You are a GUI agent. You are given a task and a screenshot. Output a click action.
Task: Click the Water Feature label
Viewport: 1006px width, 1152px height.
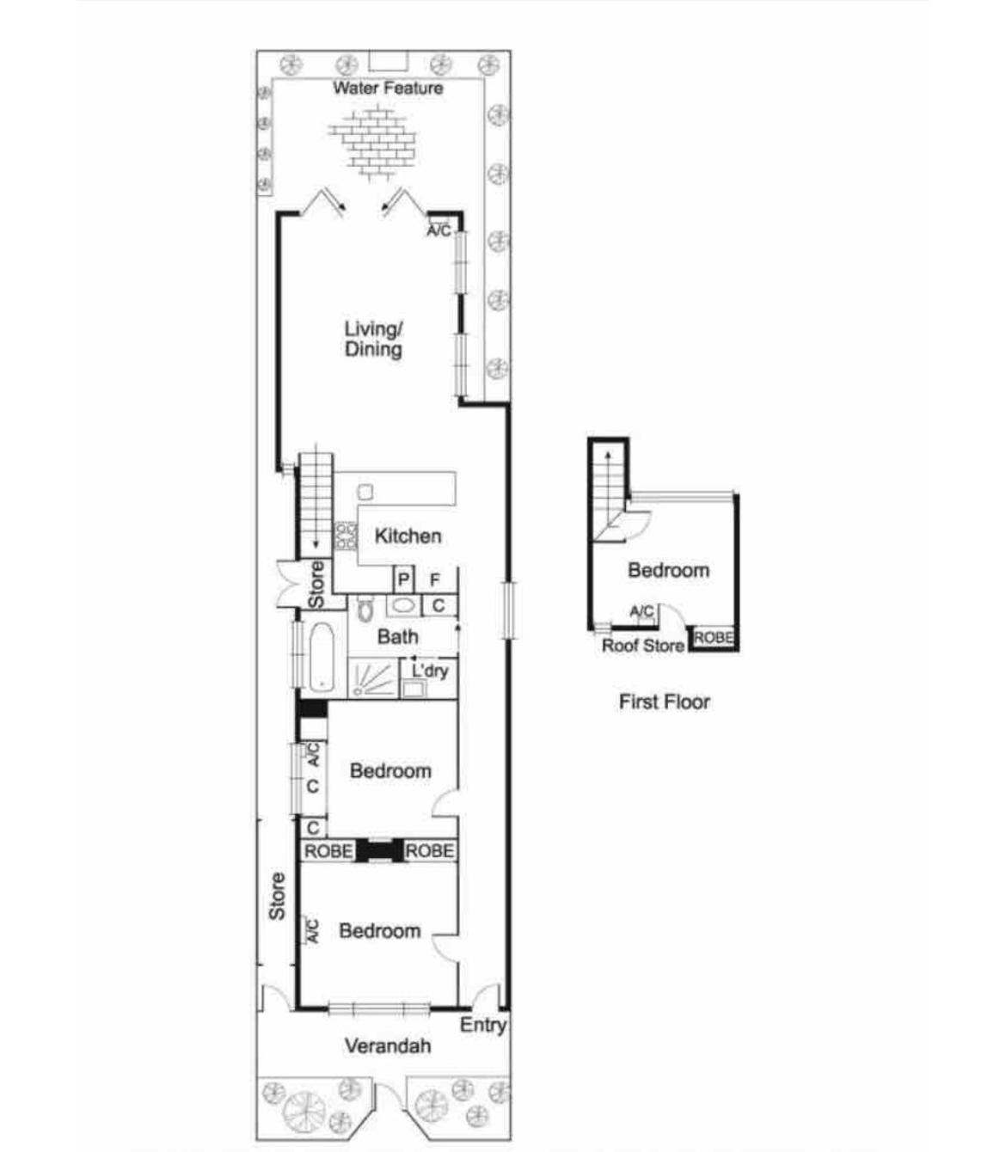387,88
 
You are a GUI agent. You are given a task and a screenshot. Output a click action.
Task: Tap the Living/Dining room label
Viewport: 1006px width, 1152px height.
373,339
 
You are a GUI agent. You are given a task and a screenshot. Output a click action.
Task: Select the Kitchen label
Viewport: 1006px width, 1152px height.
408,536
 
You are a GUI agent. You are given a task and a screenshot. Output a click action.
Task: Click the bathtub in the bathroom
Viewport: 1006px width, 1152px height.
322,657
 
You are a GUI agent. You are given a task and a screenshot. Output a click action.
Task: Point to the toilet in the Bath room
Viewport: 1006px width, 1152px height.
365,610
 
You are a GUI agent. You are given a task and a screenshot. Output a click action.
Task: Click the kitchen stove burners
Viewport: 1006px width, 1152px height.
346,536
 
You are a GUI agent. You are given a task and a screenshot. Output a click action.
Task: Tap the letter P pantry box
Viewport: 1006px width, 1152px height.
403,580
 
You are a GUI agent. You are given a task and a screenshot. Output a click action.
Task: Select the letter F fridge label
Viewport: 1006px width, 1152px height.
434,580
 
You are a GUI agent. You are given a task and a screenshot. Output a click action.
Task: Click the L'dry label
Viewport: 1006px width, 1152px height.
430,671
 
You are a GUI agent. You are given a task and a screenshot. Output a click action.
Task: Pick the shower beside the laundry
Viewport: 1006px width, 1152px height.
373,678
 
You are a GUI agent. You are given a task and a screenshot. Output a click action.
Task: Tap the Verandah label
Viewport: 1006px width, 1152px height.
388,1046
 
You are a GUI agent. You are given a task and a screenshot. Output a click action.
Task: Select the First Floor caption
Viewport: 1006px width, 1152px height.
665,702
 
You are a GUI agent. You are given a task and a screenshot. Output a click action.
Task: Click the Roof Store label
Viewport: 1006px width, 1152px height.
643,646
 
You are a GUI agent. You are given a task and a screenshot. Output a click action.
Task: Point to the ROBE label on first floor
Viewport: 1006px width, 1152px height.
714,638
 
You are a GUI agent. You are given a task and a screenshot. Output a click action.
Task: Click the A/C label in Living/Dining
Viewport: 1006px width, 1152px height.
439,231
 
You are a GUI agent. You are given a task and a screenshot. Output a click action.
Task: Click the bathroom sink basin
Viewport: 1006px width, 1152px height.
402,606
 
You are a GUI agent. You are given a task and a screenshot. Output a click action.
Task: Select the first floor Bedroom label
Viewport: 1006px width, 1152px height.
668,570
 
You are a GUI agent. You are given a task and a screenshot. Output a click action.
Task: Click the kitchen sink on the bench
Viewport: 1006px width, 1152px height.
365,492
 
